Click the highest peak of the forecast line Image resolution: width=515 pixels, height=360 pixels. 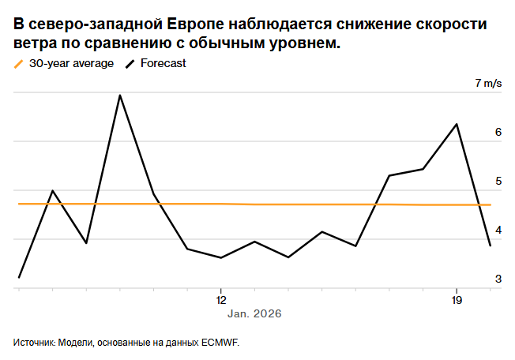(x=119, y=96)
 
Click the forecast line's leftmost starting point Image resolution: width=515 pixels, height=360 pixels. (x=19, y=277)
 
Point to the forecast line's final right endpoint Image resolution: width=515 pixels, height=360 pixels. (x=491, y=246)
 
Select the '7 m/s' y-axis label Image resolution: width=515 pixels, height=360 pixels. (x=488, y=83)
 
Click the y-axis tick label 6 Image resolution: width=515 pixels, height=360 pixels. (x=498, y=132)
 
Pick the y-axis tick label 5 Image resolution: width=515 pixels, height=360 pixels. (x=498, y=181)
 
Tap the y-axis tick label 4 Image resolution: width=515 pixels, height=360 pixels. (x=498, y=230)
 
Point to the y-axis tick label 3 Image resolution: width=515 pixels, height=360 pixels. (x=498, y=279)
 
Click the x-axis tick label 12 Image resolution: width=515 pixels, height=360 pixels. (x=220, y=300)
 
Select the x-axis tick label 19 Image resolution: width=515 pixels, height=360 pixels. (x=456, y=300)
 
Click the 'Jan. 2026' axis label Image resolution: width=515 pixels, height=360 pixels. (x=254, y=313)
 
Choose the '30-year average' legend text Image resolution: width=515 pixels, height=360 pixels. (x=71, y=63)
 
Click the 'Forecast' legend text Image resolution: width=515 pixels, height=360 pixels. (x=163, y=63)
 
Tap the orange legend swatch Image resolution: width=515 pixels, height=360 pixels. (x=19, y=63)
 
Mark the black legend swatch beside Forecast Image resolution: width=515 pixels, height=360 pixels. (x=130, y=63)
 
